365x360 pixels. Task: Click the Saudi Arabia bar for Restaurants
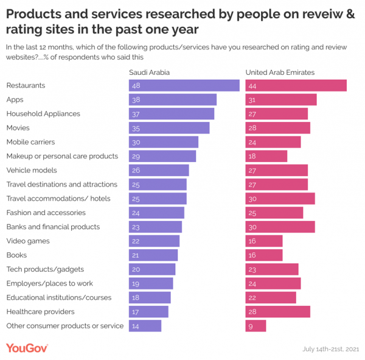[x=184, y=85]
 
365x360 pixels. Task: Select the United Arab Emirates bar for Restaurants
[x=296, y=85]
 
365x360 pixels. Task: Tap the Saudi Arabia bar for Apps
[x=173, y=99]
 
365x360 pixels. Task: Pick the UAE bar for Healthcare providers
[x=277, y=312]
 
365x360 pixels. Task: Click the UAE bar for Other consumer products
[x=255, y=326]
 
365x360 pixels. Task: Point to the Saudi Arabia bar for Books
[x=153, y=255]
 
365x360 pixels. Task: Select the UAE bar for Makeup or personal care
[x=266, y=156]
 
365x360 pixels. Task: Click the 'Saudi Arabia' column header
[x=149, y=72]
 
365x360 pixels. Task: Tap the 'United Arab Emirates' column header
[x=279, y=72]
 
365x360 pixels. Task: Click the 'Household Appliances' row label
[x=43, y=114]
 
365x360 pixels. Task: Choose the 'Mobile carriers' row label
[x=30, y=142]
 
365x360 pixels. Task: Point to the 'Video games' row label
[x=27, y=241]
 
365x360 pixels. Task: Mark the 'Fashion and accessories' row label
[x=46, y=213]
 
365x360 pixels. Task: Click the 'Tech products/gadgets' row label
[x=45, y=269]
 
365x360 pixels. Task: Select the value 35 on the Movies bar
[x=135, y=128]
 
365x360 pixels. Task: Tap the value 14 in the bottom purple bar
[x=135, y=326]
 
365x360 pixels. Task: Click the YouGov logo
[x=27, y=348]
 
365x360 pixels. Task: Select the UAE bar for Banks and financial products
[x=280, y=227]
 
